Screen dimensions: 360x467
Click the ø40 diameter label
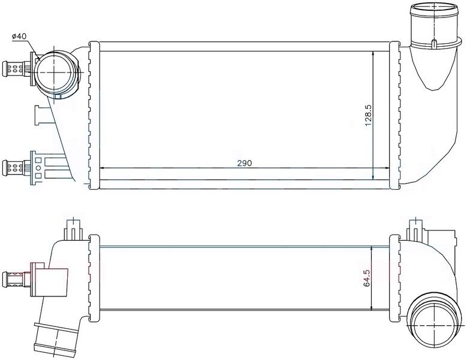tap(19, 37)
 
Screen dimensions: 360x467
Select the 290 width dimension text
tap(243, 163)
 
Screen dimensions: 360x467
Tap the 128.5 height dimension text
tap(369, 114)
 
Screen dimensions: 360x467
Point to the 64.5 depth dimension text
tap(367, 278)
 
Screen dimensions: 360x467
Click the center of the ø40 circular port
tap(56, 71)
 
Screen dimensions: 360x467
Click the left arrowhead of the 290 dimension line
tap(101, 169)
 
